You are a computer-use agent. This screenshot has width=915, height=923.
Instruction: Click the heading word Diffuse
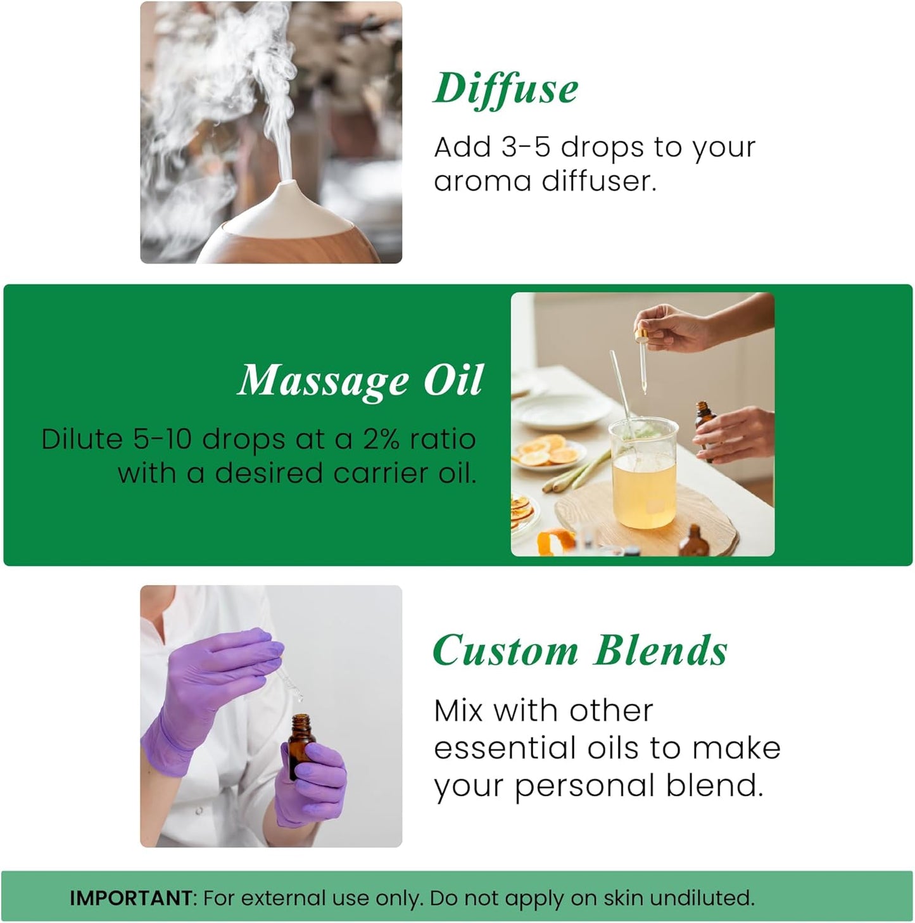coord(505,89)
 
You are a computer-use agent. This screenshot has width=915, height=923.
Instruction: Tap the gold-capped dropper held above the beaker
coord(644,346)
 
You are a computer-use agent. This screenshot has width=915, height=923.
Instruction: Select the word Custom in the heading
coord(505,651)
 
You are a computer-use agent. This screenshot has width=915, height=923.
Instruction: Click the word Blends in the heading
coord(660,651)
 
